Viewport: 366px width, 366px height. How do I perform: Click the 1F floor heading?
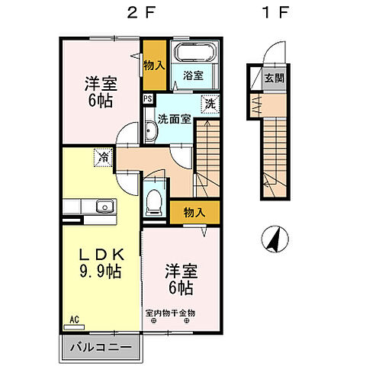click(x=268, y=13)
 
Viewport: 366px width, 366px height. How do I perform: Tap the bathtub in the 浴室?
click(x=194, y=56)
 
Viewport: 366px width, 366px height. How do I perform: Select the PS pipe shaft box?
click(x=147, y=98)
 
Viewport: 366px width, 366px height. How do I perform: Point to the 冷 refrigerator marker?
click(x=101, y=158)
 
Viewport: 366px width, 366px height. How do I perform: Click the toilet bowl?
click(x=154, y=200)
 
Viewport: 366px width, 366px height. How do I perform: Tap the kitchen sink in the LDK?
click(x=102, y=207)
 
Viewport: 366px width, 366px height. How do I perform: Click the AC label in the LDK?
click(x=75, y=318)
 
